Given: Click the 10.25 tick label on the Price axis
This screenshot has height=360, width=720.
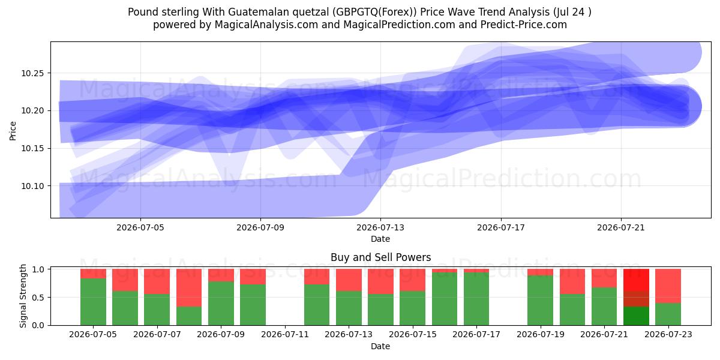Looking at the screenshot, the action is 32,73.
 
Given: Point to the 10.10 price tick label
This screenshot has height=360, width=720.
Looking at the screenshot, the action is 32,186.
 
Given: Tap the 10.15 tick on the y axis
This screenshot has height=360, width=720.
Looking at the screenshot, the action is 32,149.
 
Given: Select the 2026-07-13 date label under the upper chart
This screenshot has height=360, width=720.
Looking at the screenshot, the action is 380,227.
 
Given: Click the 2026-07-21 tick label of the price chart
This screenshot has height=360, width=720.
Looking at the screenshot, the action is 621,227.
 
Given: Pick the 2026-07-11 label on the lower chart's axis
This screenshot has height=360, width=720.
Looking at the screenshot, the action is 285,334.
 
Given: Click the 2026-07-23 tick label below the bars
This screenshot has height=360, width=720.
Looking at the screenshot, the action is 668,334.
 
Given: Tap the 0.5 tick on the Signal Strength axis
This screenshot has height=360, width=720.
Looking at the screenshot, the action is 38,298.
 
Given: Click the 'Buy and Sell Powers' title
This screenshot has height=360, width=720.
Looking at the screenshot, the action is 380,257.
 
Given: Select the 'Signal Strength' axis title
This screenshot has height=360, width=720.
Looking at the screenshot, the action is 23,296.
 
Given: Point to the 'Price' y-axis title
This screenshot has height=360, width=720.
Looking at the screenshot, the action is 13,131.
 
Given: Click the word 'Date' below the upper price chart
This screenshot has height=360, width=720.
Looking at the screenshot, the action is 380,239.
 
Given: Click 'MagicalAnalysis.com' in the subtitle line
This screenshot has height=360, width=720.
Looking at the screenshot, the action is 266,25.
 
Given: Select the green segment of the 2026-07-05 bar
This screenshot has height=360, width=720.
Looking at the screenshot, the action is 93,302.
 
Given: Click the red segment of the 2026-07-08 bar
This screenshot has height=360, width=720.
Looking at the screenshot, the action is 189,287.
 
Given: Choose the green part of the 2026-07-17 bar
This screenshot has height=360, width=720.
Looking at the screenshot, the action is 476,299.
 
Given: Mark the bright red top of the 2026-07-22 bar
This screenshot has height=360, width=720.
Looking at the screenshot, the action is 636,280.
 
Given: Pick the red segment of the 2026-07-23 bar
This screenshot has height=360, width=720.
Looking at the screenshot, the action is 668,286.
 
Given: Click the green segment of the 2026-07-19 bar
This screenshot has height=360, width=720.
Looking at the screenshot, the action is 541,301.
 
